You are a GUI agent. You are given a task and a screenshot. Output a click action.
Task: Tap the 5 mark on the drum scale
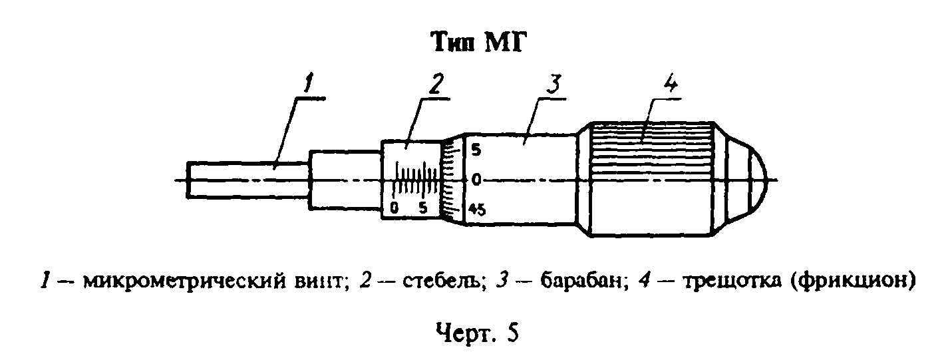click(x=476, y=150)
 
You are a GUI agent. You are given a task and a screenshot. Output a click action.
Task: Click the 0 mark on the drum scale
click(x=476, y=180)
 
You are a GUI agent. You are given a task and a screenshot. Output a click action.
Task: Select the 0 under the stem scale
click(x=395, y=208)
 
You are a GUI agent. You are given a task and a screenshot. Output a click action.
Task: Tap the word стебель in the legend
click(x=444, y=281)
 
